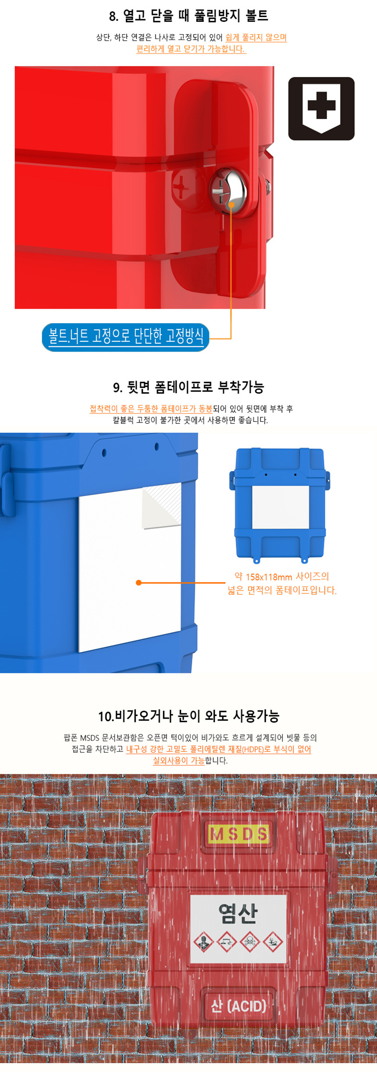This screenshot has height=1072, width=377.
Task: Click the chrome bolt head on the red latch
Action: tap(228, 191)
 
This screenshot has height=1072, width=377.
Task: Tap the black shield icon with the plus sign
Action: tap(321, 109)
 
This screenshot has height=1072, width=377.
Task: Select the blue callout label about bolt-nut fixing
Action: tap(125, 337)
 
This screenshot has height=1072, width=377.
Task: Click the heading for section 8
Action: tap(188, 16)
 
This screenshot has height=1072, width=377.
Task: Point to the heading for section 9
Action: tap(188, 387)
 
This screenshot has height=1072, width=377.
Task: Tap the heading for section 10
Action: tap(188, 716)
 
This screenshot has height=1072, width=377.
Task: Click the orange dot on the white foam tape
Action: tap(139, 582)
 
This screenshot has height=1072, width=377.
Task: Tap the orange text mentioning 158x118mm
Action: tap(282, 583)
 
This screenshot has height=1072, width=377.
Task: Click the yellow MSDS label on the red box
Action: tap(239, 834)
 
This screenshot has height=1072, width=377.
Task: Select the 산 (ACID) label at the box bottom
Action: tap(238, 1005)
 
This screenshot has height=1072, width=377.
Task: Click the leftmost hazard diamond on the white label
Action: tap(203, 941)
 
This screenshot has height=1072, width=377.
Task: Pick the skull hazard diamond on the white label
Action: tap(250, 941)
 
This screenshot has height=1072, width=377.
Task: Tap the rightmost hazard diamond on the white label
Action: tap(273, 941)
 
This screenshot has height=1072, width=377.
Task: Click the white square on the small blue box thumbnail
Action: tap(281, 508)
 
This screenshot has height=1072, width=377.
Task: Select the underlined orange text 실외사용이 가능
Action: tap(178, 761)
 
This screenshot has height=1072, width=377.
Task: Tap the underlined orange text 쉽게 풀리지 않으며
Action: tap(256, 38)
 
